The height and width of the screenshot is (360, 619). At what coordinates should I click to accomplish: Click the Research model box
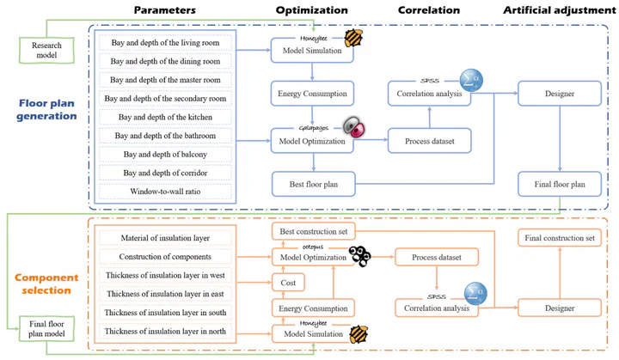(46, 50)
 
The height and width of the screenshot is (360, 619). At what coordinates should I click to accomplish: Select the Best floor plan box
(314, 184)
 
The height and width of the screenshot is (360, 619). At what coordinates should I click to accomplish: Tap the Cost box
(288, 283)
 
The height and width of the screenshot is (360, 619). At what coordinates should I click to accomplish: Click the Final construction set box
(560, 238)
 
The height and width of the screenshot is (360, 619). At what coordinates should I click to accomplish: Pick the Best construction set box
(314, 231)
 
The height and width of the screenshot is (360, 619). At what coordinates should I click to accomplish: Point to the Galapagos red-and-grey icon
(353, 126)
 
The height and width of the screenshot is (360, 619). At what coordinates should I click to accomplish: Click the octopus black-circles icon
(359, 256)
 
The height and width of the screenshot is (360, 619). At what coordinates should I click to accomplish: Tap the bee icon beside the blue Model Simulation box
(353, 39)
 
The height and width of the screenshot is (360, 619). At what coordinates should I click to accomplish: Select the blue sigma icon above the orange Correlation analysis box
(475, 294)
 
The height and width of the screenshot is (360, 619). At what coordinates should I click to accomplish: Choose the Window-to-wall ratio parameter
(165, 192)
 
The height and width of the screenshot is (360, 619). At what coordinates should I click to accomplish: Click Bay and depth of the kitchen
(165, 117)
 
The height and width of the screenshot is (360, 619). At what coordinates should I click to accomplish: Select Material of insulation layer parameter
(165, 238)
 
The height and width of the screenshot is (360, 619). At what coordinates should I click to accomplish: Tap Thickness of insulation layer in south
(165, 313)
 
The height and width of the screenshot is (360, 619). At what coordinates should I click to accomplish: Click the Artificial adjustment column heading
(559, 10)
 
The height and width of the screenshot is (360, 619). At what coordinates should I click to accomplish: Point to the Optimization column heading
(312, 10)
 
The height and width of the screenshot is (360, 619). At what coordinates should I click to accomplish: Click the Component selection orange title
(46, 284)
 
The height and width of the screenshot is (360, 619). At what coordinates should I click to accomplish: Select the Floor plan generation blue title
(46, 109)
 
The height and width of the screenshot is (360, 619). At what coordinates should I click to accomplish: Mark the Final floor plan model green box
(46, 328)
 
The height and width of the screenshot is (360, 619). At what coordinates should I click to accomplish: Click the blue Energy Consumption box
(312, 94)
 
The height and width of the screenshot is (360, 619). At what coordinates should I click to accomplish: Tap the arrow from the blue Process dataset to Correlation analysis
(430, 117)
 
